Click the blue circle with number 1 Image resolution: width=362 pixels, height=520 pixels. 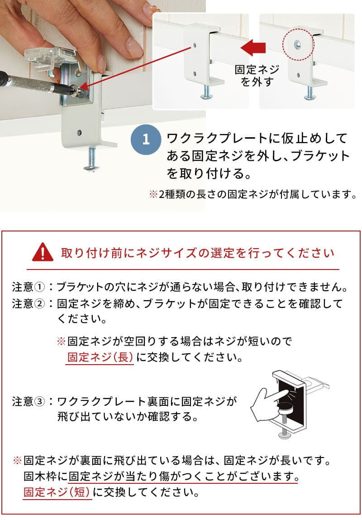[x=146, y=140]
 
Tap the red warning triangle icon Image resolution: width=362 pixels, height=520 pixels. [x=43, y=253]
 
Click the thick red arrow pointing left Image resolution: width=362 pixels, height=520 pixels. [x=253, y=48]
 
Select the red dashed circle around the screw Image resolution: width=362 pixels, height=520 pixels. [x=298, y=43]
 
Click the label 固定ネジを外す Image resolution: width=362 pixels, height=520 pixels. [x=257, y=75]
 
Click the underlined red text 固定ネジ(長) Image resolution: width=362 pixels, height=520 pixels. [x=100, y=357]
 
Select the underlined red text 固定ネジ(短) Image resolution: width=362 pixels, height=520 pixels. [x=57, y=492]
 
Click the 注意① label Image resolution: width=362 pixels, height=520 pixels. [x=29, y=287]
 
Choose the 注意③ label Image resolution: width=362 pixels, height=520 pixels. [x=29, y=402]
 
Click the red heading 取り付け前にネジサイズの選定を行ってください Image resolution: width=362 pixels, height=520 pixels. [x=198, y=253]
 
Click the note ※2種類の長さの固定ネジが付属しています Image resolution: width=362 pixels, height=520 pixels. [x=252, y=194]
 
